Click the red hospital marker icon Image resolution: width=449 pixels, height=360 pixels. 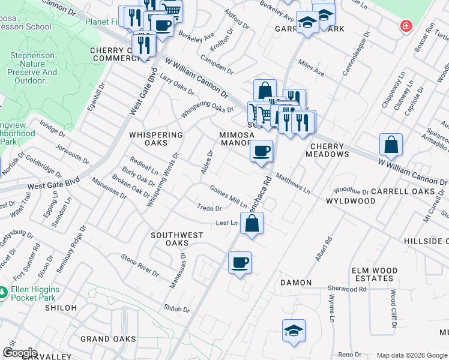click(x=406, y=26)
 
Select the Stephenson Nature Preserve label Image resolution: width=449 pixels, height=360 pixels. click(x=33, y=68)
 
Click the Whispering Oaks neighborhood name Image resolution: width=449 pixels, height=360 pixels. click(x=157, y=139)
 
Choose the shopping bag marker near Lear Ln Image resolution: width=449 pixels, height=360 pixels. click(x=253, y=224)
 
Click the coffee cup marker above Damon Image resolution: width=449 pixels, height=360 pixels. click(x=240, y=263)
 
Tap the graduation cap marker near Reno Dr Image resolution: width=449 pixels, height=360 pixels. click(x=294, y=331)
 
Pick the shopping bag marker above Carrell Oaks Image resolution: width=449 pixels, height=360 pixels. click(x=391, y=145)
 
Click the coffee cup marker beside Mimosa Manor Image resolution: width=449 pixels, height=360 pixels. click(x=261, y=151)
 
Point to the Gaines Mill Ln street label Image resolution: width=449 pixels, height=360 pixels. click(x=228, y=196)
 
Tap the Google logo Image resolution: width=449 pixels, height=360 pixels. click(x=20, y=353)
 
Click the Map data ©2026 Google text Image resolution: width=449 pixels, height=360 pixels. click(x=411, y=355)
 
